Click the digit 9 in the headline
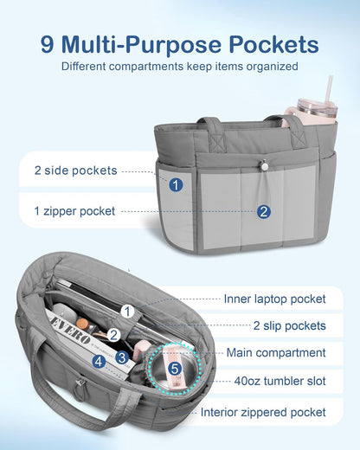tap(48, 45)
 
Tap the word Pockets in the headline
tap(273, 45)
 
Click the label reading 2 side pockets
tap(75, 170)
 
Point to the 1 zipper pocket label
tap(74, 211)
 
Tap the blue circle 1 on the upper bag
tap(176, 184)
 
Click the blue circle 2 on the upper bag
tap(264, 212)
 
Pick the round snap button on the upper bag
tap(264, 165)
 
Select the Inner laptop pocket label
tap(275, 299)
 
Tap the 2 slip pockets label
tap(290, 325)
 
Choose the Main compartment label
tap(276, 352)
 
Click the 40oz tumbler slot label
tap(280, 381)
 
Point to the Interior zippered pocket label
tap(263, 412)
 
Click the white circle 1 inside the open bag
tap(127, 312)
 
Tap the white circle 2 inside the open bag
tap(113, 335)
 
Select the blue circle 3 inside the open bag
tap(122, 357)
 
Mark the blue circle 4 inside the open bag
tap(99, 362)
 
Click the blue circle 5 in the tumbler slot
tap(175, 369)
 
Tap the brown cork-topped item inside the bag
tap(82, 323)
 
